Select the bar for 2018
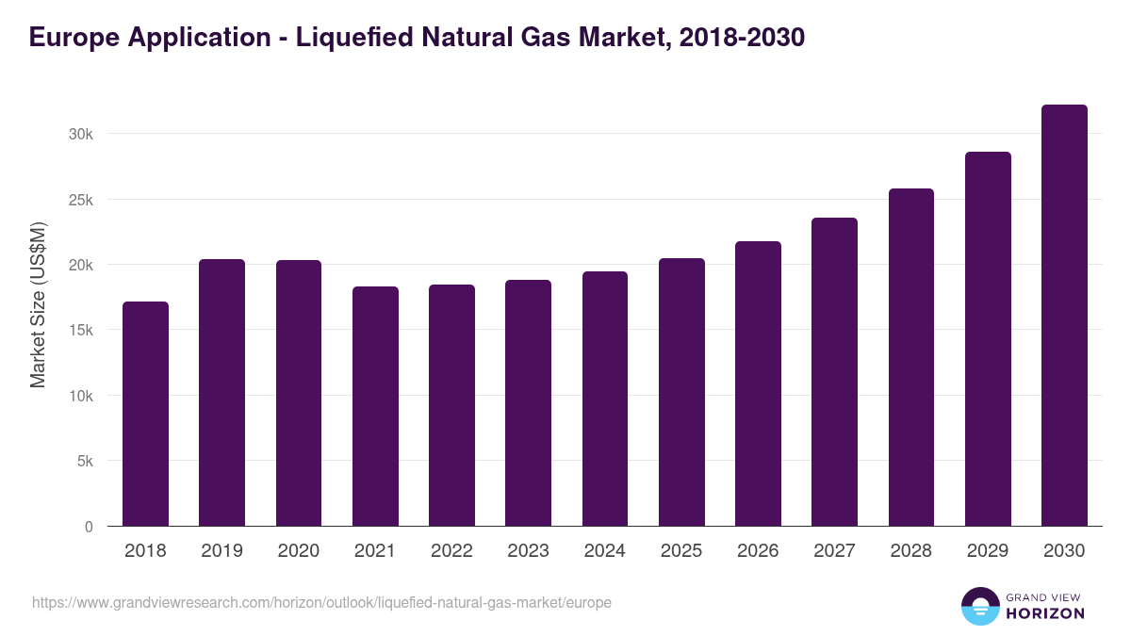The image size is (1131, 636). [145, 415]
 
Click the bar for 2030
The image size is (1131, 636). [1064, 316]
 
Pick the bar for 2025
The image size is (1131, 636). [681, 393]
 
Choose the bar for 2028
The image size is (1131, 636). [911, 358]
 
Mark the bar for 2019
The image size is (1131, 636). [221, 393]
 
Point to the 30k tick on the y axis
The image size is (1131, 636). [81, 134]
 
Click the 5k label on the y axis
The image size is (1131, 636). [85, 462]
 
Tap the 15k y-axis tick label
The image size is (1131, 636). [81, 331]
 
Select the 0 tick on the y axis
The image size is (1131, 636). [89, 527]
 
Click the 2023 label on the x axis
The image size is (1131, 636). [528, 551]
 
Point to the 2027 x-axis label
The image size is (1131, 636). [834, 551]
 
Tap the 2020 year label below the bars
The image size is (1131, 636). [298, 551]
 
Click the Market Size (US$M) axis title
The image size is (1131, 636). [38, 305]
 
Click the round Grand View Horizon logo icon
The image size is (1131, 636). [980, 607]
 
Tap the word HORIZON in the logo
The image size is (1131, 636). [1045, 613]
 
